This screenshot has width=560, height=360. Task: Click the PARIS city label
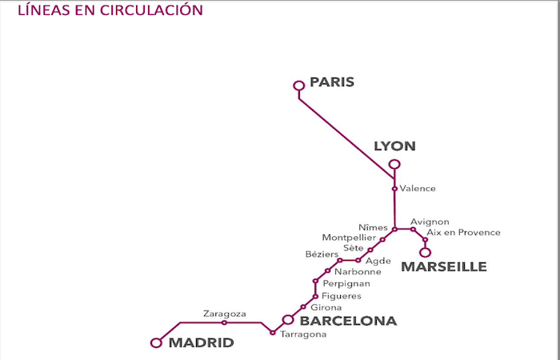pos(332,82)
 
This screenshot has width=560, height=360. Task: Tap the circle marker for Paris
pos(299,85)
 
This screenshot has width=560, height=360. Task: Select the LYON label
pos(395,146)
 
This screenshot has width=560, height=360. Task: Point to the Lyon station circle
pos(394,165)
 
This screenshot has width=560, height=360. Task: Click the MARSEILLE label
pos(443,267)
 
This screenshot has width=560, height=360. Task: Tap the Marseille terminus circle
pos(426,252)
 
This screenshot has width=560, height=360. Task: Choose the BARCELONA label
pos(348,321)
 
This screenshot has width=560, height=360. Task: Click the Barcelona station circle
pos(288,320)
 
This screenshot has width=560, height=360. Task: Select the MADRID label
pos(201,343)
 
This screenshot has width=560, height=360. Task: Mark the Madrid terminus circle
pos(156,342)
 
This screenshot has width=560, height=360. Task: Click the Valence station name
pos(418,189)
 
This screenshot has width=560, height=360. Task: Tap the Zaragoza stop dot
pos(224,322)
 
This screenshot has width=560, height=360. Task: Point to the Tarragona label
pos(303,334)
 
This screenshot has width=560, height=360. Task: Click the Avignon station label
pos(430,222)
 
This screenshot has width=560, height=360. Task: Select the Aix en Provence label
pos(463,233)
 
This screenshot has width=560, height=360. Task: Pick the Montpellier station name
pos(348,238)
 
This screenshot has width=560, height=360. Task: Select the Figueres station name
pos(341,296)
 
